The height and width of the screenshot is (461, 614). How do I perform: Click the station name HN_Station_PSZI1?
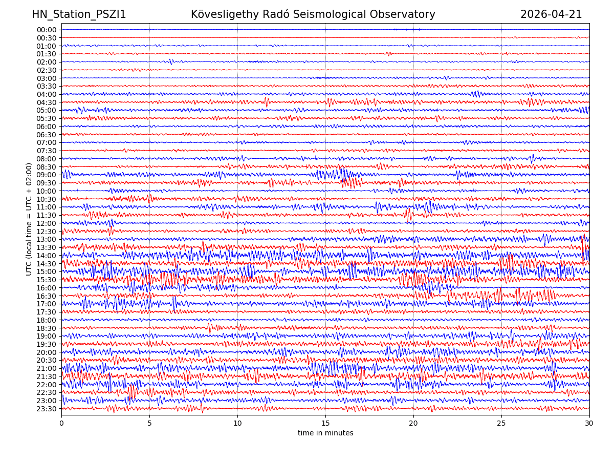79,15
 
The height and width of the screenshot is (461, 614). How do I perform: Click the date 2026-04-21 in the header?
551,15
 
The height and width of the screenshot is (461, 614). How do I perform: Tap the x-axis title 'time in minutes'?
325,433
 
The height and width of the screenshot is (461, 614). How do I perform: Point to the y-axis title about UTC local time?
30,219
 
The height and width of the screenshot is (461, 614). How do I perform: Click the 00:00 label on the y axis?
47,30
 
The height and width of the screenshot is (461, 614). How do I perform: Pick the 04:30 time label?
47,102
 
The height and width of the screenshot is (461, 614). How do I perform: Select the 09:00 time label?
47,175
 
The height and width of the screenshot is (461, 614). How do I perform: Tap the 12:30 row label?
47,232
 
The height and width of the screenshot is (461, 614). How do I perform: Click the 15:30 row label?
47,280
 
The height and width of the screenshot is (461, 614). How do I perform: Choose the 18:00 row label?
47,320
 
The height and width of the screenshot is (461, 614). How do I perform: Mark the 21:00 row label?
47,368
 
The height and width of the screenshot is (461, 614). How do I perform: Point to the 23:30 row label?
47,409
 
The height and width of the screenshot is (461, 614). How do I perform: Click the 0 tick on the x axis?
61,424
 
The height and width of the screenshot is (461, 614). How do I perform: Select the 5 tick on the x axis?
149,424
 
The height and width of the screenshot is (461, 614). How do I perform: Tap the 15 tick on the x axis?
325,424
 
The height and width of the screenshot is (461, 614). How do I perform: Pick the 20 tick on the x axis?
413,424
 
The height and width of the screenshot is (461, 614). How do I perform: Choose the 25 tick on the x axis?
501,424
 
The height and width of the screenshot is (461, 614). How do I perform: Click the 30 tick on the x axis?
589,424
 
